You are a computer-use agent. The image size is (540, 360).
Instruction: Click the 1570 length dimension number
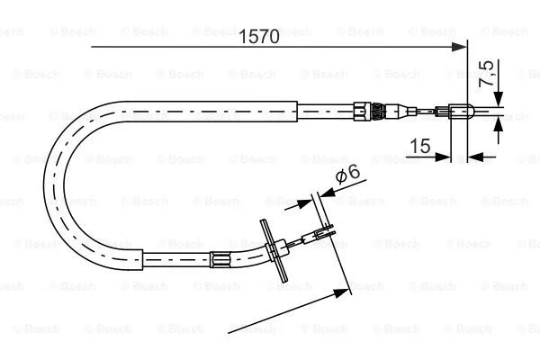259,36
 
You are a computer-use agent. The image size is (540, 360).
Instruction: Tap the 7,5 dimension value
487,74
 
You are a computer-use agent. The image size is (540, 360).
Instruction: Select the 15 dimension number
420,146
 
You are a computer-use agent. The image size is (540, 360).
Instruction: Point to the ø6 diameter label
347,174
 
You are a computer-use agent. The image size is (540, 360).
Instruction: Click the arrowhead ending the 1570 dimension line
459,47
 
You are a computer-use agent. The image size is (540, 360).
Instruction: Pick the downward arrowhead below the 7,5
498,99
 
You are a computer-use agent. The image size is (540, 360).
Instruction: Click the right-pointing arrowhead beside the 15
443,157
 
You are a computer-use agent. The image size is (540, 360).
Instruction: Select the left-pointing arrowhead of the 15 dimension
475,157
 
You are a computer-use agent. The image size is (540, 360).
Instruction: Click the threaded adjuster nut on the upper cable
378,111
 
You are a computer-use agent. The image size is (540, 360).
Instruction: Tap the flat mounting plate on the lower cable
274,251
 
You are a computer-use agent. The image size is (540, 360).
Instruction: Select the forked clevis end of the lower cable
323,231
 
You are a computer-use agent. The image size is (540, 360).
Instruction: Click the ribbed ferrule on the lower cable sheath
220,259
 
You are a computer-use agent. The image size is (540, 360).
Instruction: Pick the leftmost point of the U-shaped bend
44,184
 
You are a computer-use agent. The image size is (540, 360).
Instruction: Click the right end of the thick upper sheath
297,112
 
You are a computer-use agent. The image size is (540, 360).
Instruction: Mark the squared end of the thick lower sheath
142,259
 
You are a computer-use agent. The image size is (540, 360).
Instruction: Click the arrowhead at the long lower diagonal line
341,294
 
